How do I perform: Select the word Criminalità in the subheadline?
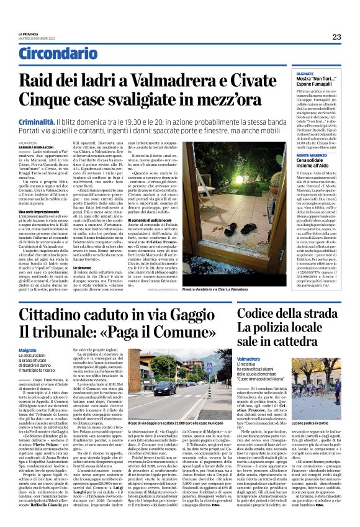tap(37, 107)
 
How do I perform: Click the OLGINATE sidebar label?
tap(287, 73)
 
